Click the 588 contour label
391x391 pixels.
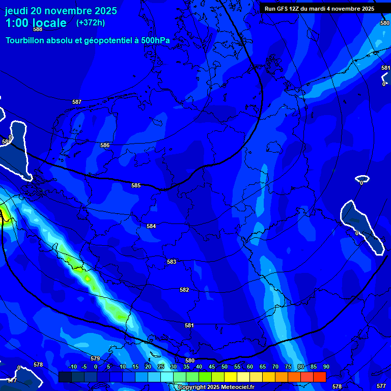click(38, 29)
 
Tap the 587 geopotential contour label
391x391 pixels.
click(77, 102)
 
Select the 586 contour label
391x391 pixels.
click(105, 145)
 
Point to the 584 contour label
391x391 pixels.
click(151, 226)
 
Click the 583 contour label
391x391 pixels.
click(172, 262)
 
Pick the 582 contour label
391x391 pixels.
click(184, 290)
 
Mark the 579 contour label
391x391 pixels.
click(95, 358)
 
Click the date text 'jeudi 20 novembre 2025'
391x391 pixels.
click(61, 11)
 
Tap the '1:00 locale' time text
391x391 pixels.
click(36, 23)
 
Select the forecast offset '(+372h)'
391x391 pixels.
click(91, 23)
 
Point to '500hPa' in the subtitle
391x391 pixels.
click(156, 40)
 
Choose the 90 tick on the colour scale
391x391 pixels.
click(326, 367)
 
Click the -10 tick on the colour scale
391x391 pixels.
click(72, 367)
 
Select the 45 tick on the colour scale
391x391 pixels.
click(211, 367)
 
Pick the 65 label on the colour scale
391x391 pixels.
click(262, 367)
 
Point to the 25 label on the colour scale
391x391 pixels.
click(160, 367)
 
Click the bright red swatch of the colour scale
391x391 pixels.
click(319, 377)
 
